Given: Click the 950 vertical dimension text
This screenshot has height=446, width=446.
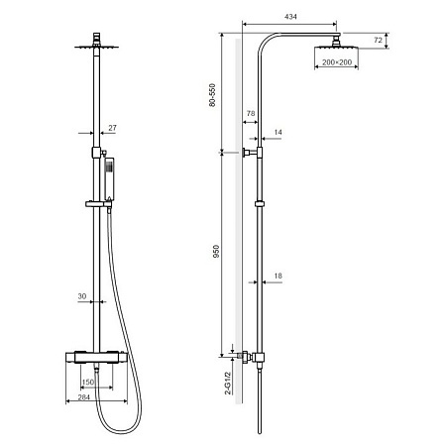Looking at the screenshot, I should click(x=212, y=253).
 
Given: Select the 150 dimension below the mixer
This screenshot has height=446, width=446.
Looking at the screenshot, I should click(x=87, y=382).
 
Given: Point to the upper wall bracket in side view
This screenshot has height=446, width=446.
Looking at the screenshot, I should click(x=252, y=154).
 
